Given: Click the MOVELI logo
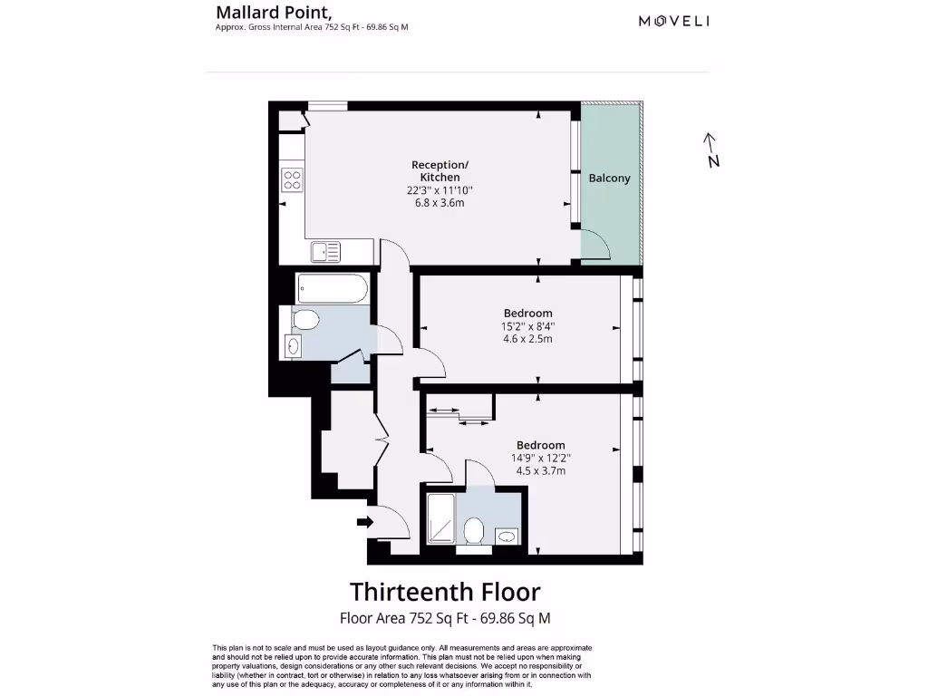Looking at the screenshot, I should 673,21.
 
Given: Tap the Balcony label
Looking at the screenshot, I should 609,179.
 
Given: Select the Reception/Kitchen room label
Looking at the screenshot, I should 440,170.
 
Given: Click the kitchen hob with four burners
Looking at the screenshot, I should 292,179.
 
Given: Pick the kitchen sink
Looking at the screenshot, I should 325,250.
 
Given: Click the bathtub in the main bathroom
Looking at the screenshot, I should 332,290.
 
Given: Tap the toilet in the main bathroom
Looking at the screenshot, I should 306,319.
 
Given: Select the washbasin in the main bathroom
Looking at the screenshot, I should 293,345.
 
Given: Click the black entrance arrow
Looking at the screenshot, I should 365,522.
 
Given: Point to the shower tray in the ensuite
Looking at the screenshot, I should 441,519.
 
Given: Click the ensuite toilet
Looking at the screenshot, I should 473,531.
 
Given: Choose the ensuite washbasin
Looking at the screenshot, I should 507,536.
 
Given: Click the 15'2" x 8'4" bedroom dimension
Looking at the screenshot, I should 528,326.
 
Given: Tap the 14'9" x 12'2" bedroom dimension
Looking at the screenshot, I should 541,458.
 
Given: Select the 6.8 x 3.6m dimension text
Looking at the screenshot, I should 440,203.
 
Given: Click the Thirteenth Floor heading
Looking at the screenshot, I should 445,592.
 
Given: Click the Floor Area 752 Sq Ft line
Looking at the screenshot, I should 445,619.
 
